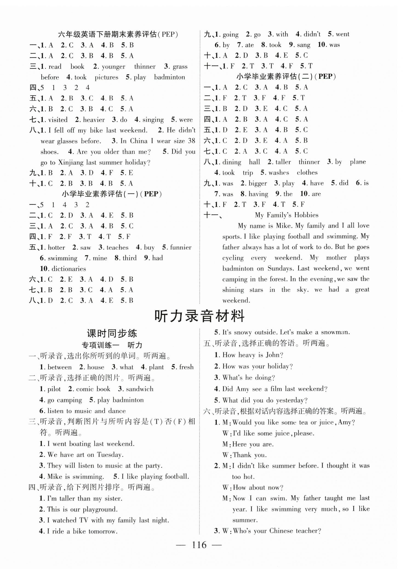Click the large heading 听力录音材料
click(199, 316)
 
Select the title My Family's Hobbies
click(286, 215)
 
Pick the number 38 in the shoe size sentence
click(191, 141)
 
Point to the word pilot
click(54, 389)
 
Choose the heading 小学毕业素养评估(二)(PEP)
click(286, 76)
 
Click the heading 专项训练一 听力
click(112, 345)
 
